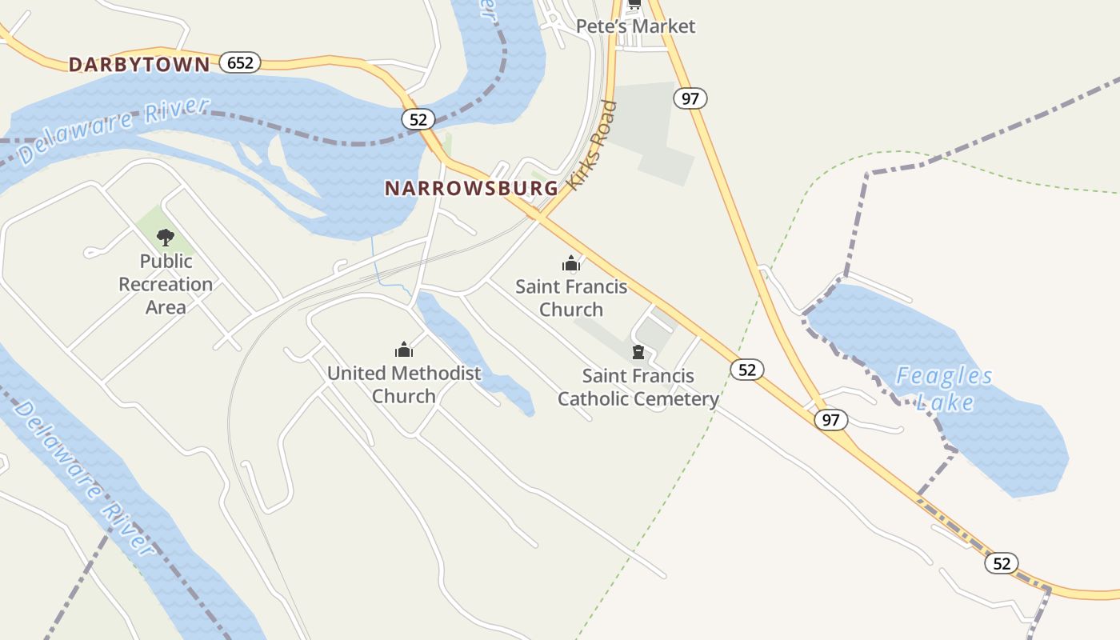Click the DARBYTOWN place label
139,65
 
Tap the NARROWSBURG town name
471,189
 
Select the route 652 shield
240,62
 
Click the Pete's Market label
636,26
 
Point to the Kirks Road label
593,145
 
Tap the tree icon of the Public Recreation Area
166,237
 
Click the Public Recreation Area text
166,284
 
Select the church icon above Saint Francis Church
570,263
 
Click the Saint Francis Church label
571,298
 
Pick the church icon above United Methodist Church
404,350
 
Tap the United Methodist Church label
404,384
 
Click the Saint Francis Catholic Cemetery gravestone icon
638,352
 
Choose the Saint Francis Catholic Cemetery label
638,387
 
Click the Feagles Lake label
944,388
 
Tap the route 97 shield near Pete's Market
690,98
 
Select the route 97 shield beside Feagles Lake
831,419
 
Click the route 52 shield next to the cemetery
746,369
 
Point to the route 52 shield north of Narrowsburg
418,119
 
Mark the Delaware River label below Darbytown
114,131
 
